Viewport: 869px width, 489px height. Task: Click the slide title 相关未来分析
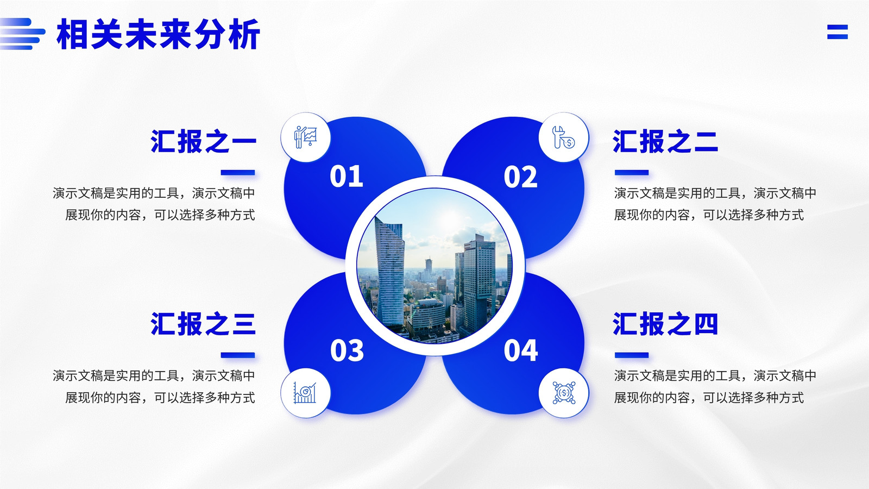point(158,34)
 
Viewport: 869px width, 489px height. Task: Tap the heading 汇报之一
point(203,141)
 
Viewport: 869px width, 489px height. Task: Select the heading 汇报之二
point(665,141)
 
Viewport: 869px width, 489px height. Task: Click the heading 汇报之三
point(203,324)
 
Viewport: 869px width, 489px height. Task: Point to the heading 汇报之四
point(665,324)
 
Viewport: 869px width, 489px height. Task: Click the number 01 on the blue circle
point(347,176)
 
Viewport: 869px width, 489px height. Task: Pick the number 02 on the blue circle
point(521,177)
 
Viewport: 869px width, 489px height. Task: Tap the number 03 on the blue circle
point(347,350)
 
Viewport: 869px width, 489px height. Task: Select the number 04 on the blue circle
point(521,350)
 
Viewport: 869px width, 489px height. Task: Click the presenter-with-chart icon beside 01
point(306,137)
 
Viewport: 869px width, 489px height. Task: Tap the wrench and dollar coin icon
point(563,137)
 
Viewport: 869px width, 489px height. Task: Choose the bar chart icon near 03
point(305,393)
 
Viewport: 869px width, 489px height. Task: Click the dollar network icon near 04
point(564,393)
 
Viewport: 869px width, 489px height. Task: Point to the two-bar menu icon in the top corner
point(837,32)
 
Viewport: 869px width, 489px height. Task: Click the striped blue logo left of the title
point(22,34)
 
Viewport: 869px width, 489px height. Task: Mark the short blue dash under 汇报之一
point(238,172)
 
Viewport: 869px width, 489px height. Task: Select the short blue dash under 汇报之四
point(632,355)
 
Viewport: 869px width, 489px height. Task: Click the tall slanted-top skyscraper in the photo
point(389,272)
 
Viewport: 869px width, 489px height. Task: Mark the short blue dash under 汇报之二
point(632,172)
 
